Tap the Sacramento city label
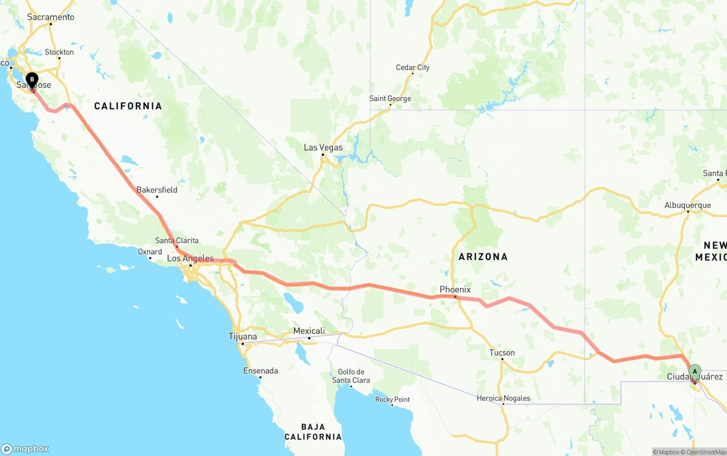51,17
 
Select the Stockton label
59,52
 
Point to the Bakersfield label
157,190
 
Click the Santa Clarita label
177,240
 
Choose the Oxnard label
150,252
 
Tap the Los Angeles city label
190,259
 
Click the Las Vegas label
323,148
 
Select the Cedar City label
412,68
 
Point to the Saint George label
390,99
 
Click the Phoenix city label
455,290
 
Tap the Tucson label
502,353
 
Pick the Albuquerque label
687,206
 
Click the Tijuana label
243,337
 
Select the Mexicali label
309,331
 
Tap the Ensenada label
261,371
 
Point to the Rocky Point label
392,400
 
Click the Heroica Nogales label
503,398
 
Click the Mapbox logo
25,449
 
